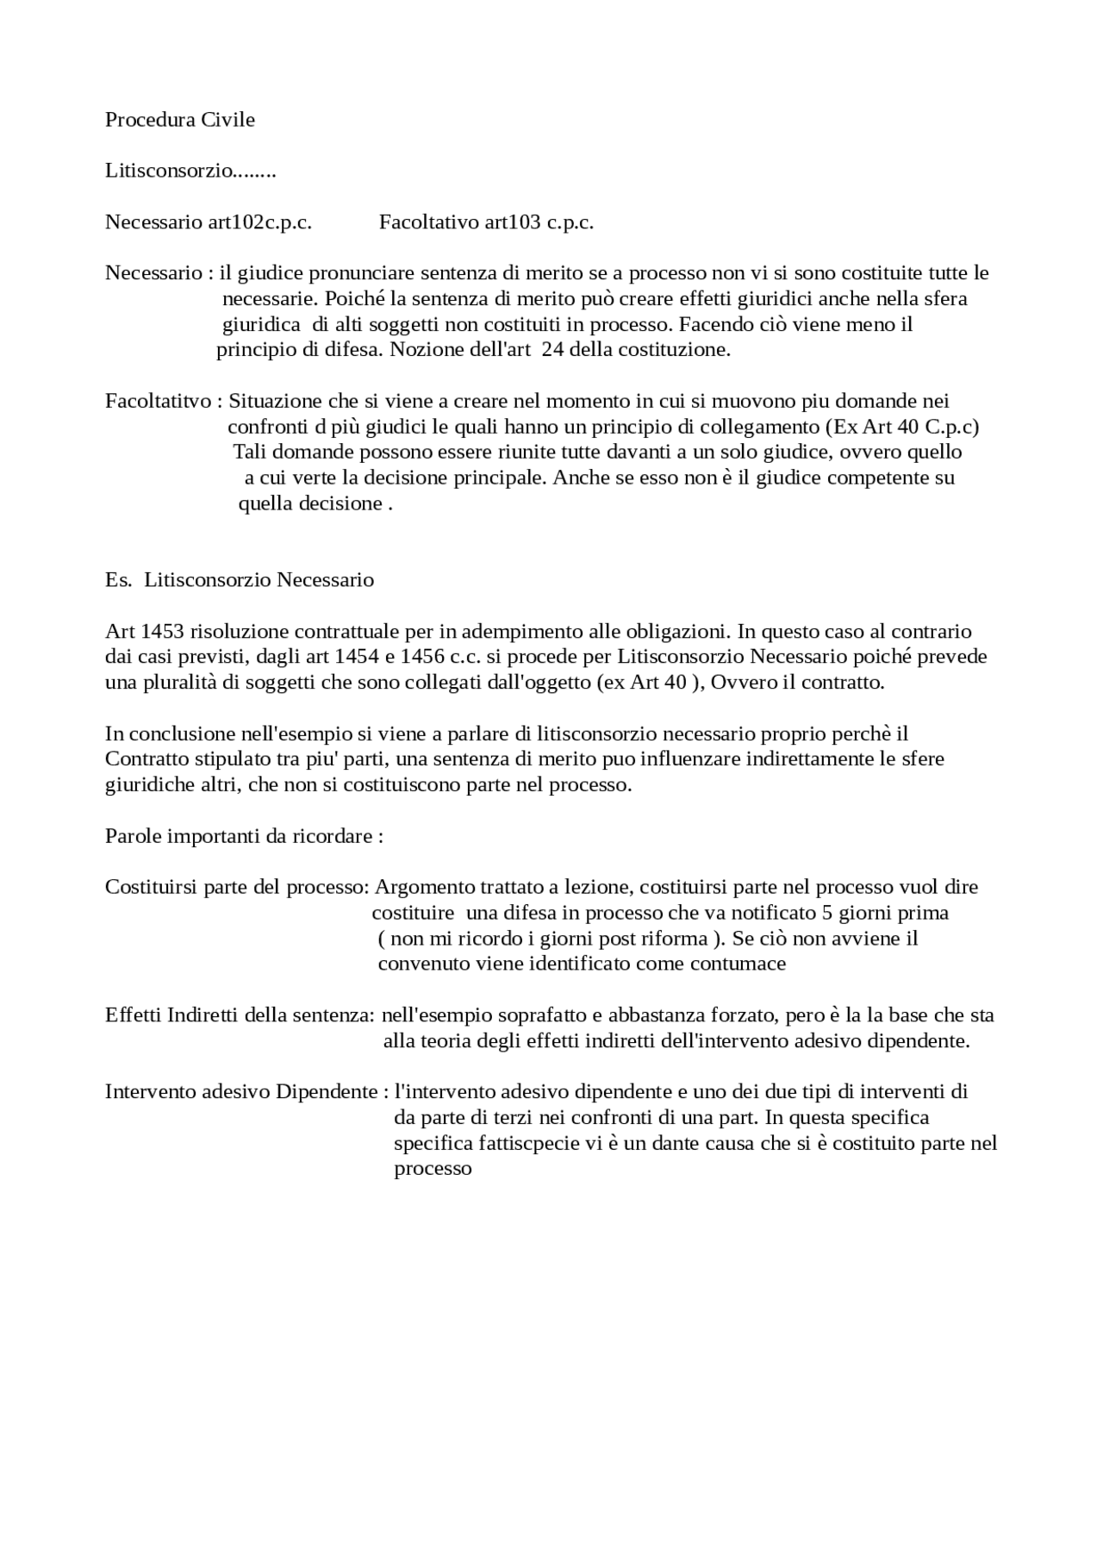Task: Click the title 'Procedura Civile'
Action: pyautogui.click(x=179, y=120)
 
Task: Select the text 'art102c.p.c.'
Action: pyautogui.click(x=259, y=222)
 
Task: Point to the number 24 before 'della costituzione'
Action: pyautogui.click(x=552, y=350)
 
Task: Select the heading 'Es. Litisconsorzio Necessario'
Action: pyautogui.click(x=240, y=579)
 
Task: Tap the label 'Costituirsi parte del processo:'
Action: pyautogui.click(x=237, y=887)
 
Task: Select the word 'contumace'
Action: pyautogui.click(x=745, y=964)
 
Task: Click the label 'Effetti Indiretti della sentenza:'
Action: pyautogui.click(x=240, y=1015)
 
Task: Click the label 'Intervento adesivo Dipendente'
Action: pyautogui.click(x=241, y=1092)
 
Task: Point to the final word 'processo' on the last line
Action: pyautogui.click(x=433, y=1170)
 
